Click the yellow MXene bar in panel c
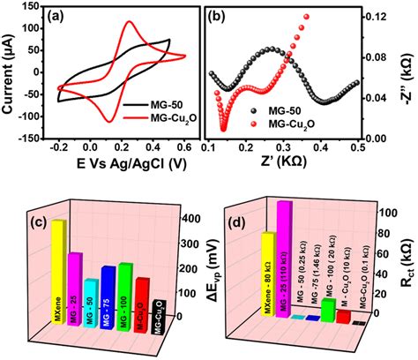58,274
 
